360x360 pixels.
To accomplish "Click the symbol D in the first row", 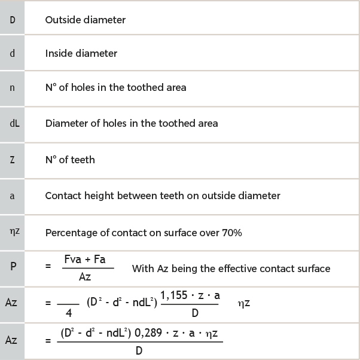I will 12,20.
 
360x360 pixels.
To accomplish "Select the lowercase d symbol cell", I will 12,53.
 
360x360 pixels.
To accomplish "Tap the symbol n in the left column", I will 12,87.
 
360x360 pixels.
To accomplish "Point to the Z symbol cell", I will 12,160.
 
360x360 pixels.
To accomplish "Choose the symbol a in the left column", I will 12,196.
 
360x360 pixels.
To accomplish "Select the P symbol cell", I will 13,267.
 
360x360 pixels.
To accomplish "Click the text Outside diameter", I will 86,20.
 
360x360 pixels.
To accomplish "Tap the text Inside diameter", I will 81,53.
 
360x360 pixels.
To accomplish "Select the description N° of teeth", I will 70,160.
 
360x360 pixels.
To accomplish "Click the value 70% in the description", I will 231,233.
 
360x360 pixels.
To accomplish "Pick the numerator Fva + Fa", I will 89,259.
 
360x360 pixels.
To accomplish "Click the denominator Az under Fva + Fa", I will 85,276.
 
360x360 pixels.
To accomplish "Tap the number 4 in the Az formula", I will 68,312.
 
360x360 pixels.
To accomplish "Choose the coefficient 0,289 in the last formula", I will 151,331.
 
